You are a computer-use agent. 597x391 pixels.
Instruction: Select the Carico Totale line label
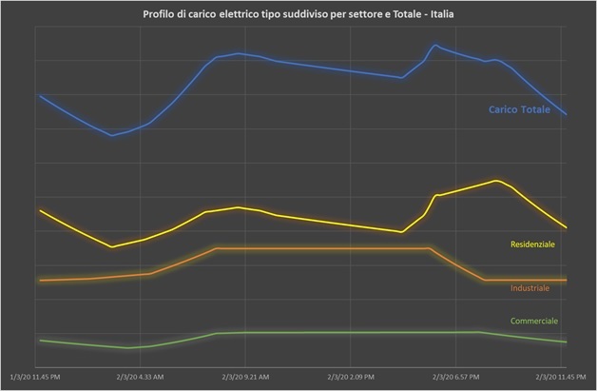[519, 110]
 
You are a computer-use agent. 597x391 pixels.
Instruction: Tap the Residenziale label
[532, 244]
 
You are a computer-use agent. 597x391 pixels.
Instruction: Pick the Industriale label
[529, 287]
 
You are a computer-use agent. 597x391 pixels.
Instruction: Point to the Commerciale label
[533, 321]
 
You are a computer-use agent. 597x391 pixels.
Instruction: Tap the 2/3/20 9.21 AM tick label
[246, 377]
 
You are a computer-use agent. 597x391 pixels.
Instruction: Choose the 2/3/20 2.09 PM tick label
[351, 377]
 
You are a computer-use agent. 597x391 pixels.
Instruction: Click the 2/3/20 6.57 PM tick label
[456, 377]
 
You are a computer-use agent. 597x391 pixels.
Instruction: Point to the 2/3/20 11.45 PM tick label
[561, 377]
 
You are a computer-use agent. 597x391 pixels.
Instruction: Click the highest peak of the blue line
[434, 45]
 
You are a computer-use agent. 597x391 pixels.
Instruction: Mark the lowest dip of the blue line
[112, 135]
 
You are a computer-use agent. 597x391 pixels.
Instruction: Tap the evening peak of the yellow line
[496, 181]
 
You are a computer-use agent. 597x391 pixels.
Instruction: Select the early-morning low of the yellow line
[112, 247]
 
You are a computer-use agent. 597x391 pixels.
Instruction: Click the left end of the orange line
[40, 280]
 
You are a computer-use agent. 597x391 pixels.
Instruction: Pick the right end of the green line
[566, 342]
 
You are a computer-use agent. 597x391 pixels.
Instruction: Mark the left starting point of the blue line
[40, 95]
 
